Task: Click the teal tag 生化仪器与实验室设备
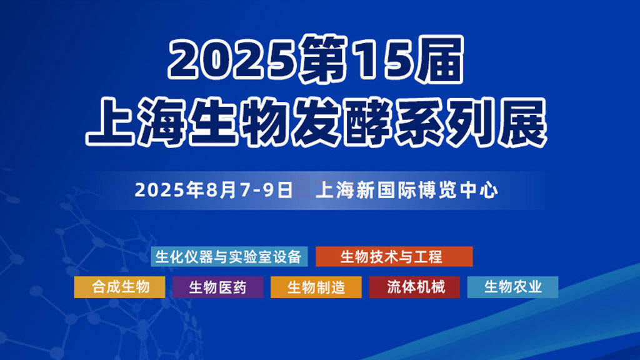point(229,257)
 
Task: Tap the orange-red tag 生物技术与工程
point(394,257)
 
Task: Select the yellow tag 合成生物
point(119,287)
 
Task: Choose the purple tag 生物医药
point(218,287)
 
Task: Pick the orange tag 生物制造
point(316,287)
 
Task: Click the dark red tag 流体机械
point(414,287)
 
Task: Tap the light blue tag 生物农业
point(512,287)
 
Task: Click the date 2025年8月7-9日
point(214,190)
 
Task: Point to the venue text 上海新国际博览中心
point(407,190)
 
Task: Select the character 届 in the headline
point(439,60)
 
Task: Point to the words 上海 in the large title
point(137,122)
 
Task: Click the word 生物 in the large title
point(240,122)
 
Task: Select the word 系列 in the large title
point(444,122)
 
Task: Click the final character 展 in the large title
point(522,122)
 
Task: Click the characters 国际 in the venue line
point(397,190)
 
